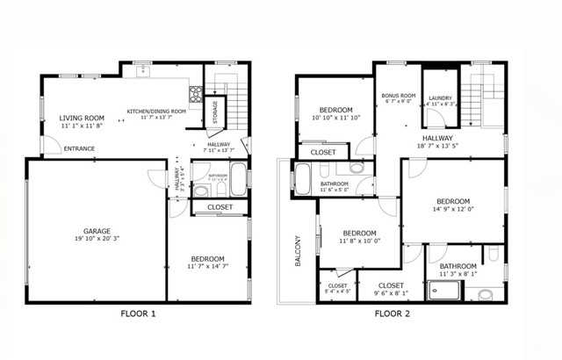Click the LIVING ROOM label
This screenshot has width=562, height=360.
point(82,118)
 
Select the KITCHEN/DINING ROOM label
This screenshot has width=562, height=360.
point(156,112)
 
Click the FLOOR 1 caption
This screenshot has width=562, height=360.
point(139,313)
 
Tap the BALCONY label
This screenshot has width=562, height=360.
point(298,250)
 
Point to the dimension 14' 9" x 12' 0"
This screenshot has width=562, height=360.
point(453,209)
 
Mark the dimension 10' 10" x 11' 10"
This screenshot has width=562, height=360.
point(335,118)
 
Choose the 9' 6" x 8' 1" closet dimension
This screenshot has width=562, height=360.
point(391,294)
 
